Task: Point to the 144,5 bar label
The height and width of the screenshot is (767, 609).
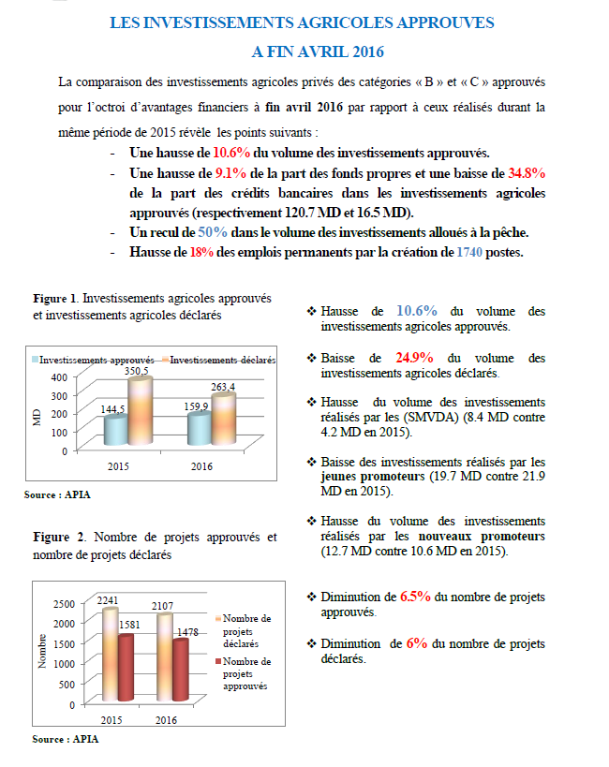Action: click(x=114, y=410)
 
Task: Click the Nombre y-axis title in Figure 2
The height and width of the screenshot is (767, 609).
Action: click(x=42, y=651)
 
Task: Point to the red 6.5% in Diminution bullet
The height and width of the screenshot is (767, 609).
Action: click(x=416, y=596)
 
